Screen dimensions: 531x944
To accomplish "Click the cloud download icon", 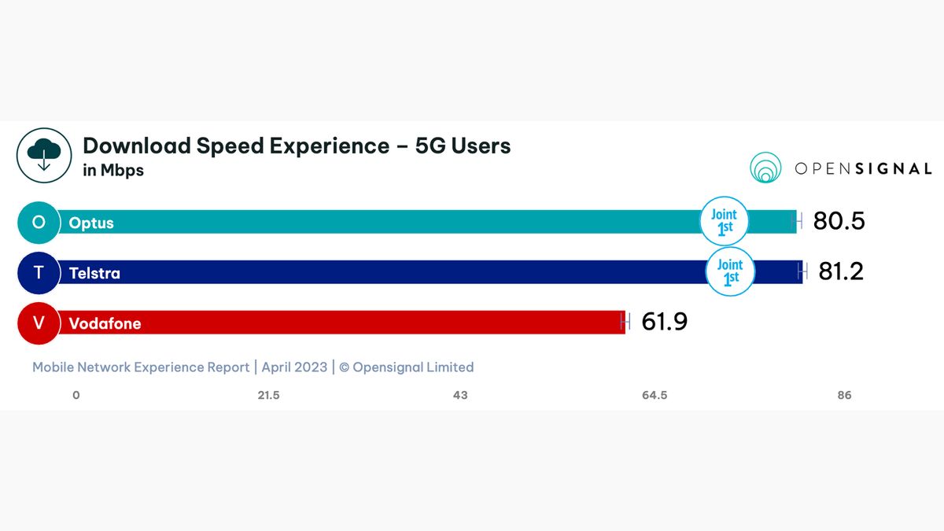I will [44, 155].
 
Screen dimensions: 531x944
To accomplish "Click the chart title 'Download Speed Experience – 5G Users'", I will [297, 146].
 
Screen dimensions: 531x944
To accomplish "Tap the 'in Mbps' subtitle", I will [113, 170].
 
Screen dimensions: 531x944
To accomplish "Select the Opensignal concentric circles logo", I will [765, 168].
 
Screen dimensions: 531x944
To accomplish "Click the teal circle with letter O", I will [39, 222].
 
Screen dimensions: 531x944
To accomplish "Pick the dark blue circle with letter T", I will [39, 272].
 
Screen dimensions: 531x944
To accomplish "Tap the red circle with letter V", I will [39, 323].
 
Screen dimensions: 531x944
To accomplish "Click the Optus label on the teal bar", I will [91, 223].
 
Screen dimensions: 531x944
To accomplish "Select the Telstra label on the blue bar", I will [94, 273].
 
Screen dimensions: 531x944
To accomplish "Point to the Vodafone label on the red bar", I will [105, 323].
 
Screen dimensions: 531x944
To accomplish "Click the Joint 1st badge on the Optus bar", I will [724, 221].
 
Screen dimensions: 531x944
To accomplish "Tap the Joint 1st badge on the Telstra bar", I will [730, 271].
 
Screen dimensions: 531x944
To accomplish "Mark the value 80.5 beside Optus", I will [839, 222].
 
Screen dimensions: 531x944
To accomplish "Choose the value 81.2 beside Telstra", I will [841, 271].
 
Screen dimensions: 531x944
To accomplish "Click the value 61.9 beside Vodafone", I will [664, 322].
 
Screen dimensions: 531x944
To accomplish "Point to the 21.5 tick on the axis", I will [268, 395].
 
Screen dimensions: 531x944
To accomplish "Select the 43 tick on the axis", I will [460, 395].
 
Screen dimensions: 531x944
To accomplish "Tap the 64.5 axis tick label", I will [654, 395].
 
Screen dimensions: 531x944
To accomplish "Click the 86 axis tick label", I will [844, 395].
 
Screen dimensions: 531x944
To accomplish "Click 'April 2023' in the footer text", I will [294, 367].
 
